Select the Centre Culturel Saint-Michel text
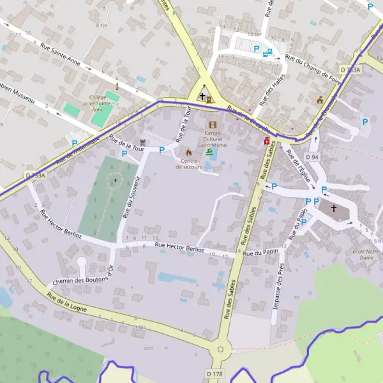click(212, 139)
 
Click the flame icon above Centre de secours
click(188, 152)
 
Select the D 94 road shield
click(312, 156)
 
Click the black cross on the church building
click(333, 208)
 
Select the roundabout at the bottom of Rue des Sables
click(221, 349)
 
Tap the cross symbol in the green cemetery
click(115, 181)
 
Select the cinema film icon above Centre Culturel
click(213, 124)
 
